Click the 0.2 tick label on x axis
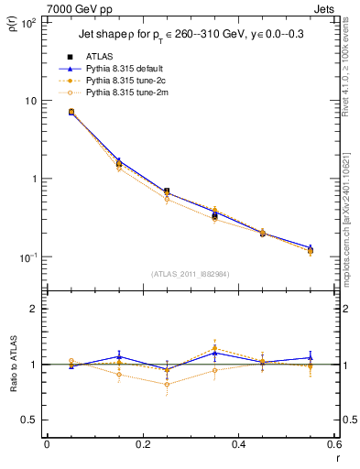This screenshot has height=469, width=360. tap(142, 446)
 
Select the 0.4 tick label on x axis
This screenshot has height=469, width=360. tap(238, 446)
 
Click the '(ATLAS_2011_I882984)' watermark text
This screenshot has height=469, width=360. tap(190, 273)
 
